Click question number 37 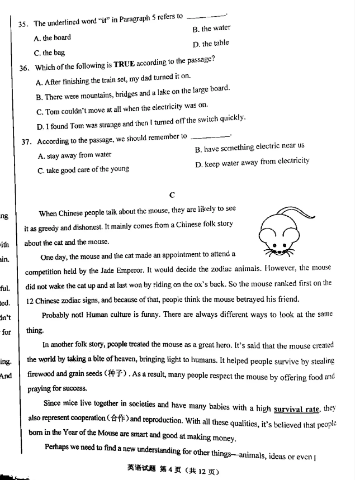pos(26,142)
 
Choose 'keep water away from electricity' pos(253,162)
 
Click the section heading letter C pos(172,195)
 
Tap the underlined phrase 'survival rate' pos(296,409)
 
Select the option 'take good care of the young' pos(83,169)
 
